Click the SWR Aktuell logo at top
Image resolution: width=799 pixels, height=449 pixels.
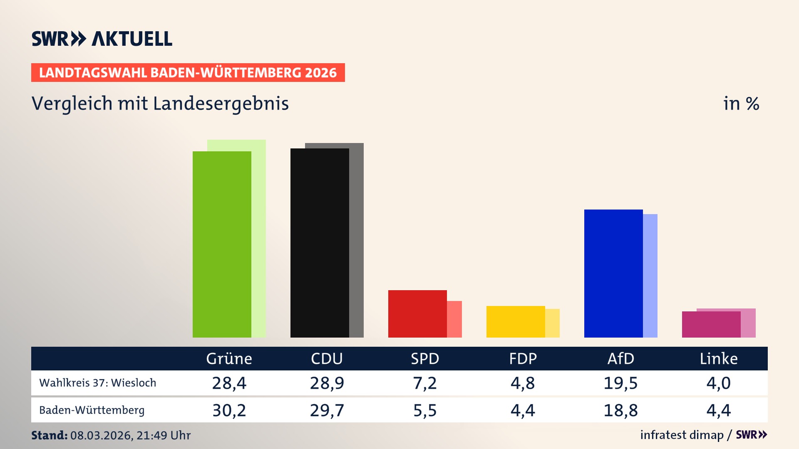point(102,39)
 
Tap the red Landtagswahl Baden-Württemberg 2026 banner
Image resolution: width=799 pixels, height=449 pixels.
point(188,73)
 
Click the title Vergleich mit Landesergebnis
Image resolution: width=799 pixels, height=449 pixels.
point(160,104)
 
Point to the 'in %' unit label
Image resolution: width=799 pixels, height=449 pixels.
point(741,104)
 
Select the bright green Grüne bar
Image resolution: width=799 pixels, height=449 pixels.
point(221,245)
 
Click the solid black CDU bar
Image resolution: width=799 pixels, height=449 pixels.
point(319,243)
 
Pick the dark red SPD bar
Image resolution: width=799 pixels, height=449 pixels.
point(417,314)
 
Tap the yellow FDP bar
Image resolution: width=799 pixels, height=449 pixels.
point(515,322)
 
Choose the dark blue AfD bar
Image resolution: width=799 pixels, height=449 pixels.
point(613,274)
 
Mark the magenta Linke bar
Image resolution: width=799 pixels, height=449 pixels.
point(711,325)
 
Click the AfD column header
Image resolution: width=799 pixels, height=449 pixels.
point(620,359)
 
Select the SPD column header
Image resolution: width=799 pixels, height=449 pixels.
point(425,359)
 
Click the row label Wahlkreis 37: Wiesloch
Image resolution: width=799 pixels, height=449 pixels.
point(98,383)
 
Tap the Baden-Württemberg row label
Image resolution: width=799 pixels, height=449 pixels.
point(92,410)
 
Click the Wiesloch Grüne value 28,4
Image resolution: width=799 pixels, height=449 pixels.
point(229,383)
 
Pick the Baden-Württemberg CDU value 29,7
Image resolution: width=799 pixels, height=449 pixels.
point(327,410)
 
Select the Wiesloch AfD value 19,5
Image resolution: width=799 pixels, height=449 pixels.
point(620,383)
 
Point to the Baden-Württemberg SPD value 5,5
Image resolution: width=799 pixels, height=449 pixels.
point(425,410)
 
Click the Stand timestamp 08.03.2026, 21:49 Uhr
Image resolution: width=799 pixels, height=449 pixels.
point(130,435)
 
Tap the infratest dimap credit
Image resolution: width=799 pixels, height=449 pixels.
point(682,435)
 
